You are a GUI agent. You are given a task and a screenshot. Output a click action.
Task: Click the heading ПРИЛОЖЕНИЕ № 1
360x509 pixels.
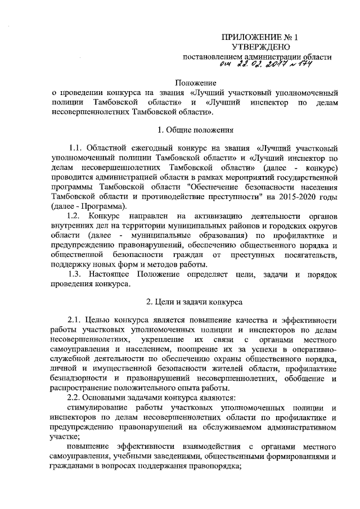pos(260,38)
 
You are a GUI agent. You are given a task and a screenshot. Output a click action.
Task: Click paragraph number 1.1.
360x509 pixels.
pos(75,149)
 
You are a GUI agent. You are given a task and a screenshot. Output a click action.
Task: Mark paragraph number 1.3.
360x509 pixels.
pos(75,273)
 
